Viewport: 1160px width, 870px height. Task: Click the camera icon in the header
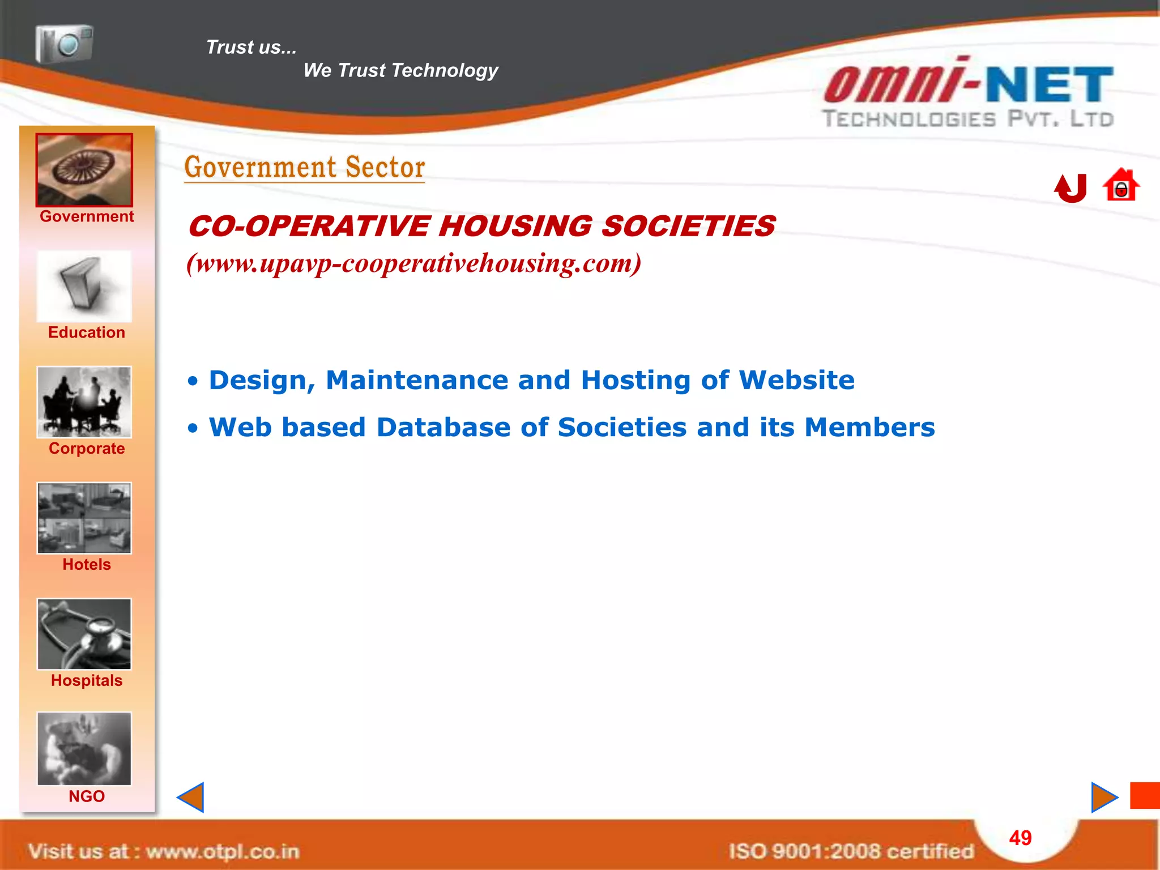pyautogui.click(x=64, y=44)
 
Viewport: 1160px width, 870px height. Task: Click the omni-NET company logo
pyautogui.click(x=969, y=93)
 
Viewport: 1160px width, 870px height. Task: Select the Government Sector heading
pyautogui.click(x=305, y=168)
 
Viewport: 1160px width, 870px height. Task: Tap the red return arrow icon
pyautogui.click(x=1071, y=187)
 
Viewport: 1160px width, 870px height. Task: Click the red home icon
pyautogui.click(x=1121, y=185)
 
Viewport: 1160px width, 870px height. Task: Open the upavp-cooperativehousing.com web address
pyautogui.click(x=414, y=263)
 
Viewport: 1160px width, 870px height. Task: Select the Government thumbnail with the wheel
pyautogui.click(x=84, y=170)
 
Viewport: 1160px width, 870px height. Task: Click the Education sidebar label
pyautogui.click(x=87, y=332)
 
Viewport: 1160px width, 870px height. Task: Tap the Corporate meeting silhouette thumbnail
pyautogui.click(x=84, y=402)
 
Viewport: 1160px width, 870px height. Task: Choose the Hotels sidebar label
pyautogui.click(x=87, y=565)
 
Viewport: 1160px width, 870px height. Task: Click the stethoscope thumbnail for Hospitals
pyautogui.click(x=84, y=634)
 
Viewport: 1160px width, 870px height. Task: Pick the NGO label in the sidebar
pyautogui.click(x=87, y=796)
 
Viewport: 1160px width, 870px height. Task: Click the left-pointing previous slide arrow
pyautogui.click(x=191, y=797)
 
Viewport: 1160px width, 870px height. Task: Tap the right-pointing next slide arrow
pyautogui.click(x=1104, y=797)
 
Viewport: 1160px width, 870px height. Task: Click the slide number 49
pyautogui.click(x=1021, y=838)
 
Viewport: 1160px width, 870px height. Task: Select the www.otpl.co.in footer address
pyautogui.click(x=222, y=851)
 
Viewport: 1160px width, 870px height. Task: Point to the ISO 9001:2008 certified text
pyautogui.click(x=851, y=851)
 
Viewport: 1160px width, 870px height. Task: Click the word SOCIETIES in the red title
pyautogui.click(x=688, y=226)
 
